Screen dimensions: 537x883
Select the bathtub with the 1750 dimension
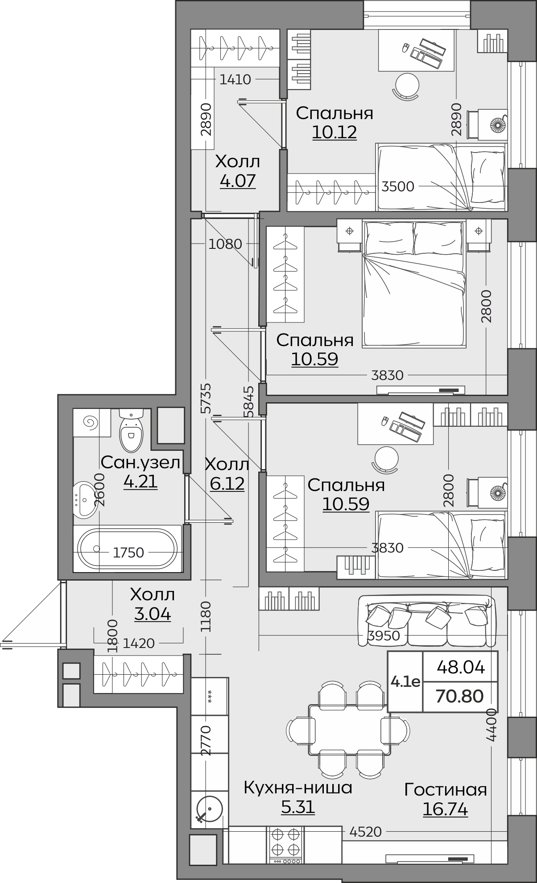pyautogui.click(x=128, y=549)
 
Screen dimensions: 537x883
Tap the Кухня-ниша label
pyautogui.click(x=298, y=788)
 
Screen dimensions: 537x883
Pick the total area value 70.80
pyautogui.click(x=460, y=696)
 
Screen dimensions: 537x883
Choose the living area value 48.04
pyautogui.click(x=461, y=667)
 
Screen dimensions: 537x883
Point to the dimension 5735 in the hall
pyautogui.click(x=206, y=399)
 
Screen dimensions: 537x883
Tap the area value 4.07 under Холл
pyautogui.click(x=238, y=181)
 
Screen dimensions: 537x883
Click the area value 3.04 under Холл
pyautogui.click(x=153, y=614)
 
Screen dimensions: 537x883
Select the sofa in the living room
pyautogui.click(x=427, y=621)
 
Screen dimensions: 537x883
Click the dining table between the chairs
pyautogui.click(x=349, y=730)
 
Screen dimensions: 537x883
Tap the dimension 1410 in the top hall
pyautogui.click(x=235, y=79)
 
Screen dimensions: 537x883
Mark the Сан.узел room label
pyautogui.click(x=140, y=462)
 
